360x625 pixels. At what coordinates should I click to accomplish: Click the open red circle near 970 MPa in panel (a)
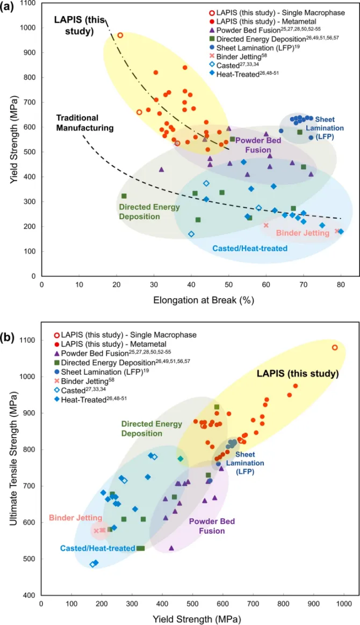tap(120, 35)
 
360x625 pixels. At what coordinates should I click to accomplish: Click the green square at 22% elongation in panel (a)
tap(124, 196)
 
